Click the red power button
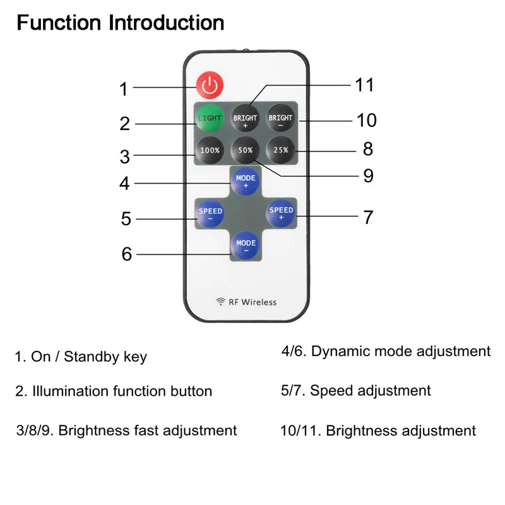pyautogui.click(x=210, y=85)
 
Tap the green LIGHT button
pyautogui.click(x=210, y=118)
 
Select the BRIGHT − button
pyautogui.click(x=280, y=118)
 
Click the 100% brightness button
pyautogui.click(x=210, y=150)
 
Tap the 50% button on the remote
pyautogui.click(x=245, y=150)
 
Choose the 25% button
pyautogui.click(x=280, y=150)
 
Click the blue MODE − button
pyautogui.click(x=246, y=246)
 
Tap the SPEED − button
pyautogui.click(x=210, y=213)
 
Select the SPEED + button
pyautogui.click(x=281, y=213)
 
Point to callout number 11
pyautogui.click(x=365, y=85)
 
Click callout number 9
pyautogui.click(x=369, y=176)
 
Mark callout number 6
pyautogui.click(x=127, y=254)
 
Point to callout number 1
pyautogui.click(x=124, y=89)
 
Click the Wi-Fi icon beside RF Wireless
pyautogui.click(x=220, y=302)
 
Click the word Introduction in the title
pyautogui.click(x=166, y=23)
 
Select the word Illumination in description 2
pyautogui.click(x=71, y=391)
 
